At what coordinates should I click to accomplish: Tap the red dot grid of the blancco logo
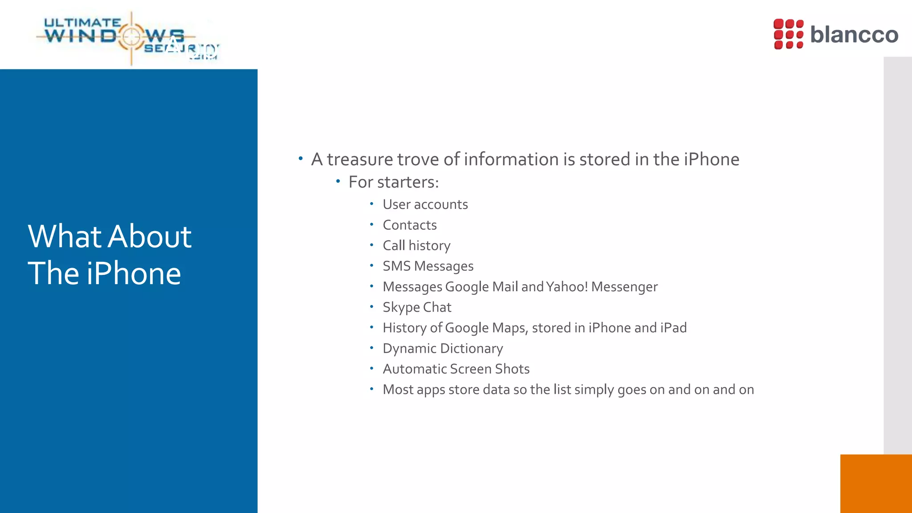(x=788, y=34)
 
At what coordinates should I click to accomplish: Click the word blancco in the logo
(x=854, y=35)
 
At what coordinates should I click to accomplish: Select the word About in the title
(x=150, y=236)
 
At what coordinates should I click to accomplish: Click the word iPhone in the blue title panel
(x=134, y=273)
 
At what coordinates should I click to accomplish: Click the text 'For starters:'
(x=394, y=182)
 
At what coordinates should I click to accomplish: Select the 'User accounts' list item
(x=425, y=204)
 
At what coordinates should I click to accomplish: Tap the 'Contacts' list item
(x=410, y=225)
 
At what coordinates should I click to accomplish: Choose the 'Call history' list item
(x=416, y=246)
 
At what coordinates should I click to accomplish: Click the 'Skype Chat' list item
(x=417, y=307)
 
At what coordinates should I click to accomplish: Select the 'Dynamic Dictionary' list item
(x=443, y=348)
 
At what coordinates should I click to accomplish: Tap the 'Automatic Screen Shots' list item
(x=456, y=369)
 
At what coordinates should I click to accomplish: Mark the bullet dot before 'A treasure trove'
(x=301, y=159)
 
